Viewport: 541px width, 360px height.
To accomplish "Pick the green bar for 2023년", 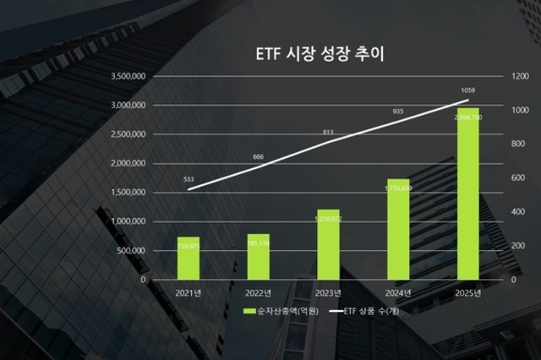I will point(328,243).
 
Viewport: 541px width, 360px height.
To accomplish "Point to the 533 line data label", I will point(189,178).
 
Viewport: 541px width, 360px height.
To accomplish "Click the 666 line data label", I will point(259,156).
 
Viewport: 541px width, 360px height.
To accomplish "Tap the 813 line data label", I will point(328,132).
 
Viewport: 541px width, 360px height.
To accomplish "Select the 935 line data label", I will point(398,111).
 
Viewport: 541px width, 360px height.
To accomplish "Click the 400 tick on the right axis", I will point(515,211).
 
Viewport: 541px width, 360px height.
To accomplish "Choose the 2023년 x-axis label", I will point(328,293).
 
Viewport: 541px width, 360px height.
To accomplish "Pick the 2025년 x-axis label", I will point(467,293).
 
